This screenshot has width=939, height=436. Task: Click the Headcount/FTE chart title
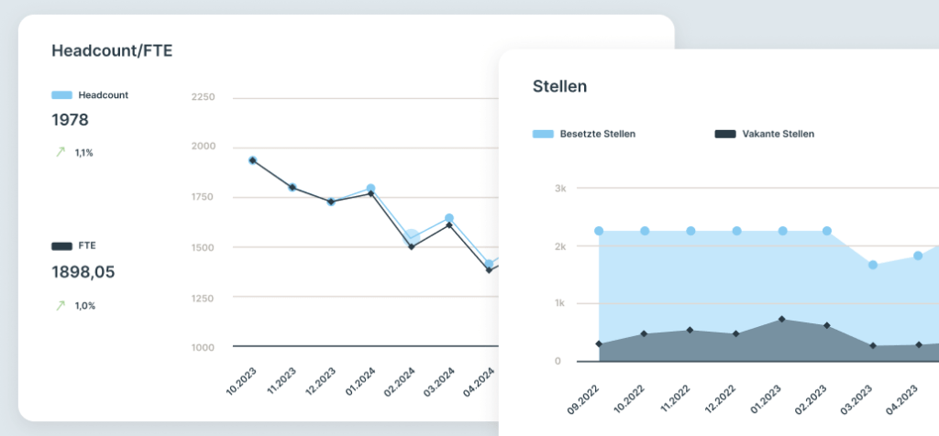[x=112, y=51]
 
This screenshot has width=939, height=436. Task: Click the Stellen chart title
[x=559, y=86]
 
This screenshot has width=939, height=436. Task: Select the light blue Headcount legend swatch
[x=61, y=94]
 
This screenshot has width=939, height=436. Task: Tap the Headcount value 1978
[x=70, y=120]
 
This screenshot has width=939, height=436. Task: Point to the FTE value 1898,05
[x=83, y=272]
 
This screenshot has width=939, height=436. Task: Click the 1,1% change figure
[x=83, y=153]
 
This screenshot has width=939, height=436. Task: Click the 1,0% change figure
[x=84, y=306]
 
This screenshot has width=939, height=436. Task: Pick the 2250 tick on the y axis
[x=203, y=97]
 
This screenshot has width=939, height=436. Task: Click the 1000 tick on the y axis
[x=203, y=347]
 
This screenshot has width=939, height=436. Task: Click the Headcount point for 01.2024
[x=370, y=189]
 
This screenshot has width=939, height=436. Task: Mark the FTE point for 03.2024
[x=449, y=224]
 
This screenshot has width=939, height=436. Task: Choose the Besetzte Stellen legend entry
[x=584, y=134]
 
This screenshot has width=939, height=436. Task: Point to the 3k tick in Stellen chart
[x=559, y=189]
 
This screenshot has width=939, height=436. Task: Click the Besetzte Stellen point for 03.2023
[x=873, y=265]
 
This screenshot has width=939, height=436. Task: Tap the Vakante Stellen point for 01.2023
[x=781, y=319]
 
